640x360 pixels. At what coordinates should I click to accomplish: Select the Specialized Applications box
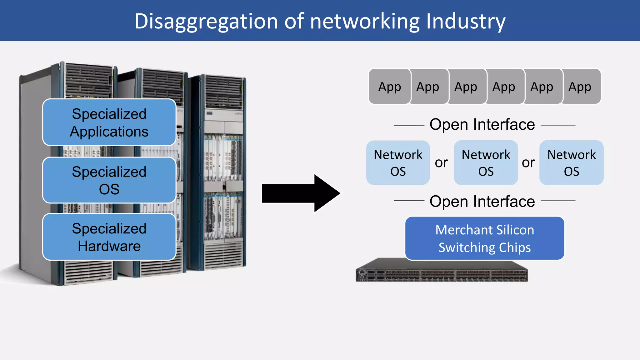coord(109,122)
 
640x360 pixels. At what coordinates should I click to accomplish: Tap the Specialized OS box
coord(109,180)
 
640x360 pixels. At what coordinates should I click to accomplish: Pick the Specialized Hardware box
coord(109,237)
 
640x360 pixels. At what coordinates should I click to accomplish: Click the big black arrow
coord(300,193)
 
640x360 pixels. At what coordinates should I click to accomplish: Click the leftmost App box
coord(389,87)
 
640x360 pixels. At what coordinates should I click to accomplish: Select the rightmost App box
coord(580,87)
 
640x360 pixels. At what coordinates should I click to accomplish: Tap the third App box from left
coord(466,87)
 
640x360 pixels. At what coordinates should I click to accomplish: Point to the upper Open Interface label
coord(482,125)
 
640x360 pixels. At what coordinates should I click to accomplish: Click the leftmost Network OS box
coord(398,162)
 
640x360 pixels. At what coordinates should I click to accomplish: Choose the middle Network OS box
coord(486,162)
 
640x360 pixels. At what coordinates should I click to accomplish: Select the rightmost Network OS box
coord(572,162)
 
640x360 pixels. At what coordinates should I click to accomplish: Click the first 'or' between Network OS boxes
coord(441,162)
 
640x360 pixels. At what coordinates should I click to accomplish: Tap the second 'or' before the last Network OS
coord(528,162)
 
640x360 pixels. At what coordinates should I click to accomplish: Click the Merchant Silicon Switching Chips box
coord(485,238)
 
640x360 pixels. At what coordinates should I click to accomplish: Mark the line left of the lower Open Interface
coord(409,201)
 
